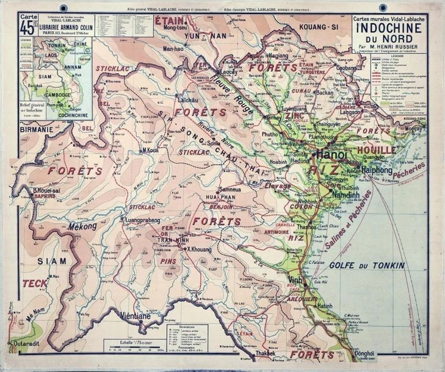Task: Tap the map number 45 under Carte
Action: click(27, 27)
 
